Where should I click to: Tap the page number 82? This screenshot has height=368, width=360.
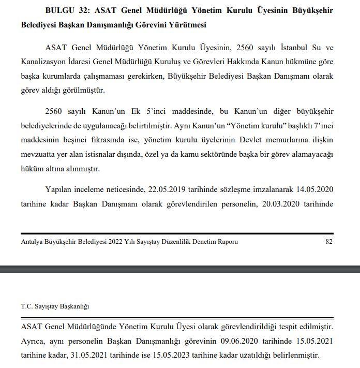(329, 242)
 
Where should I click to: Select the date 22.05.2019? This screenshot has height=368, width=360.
(169, 190)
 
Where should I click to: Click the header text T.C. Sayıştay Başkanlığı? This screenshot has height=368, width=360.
(55, 306)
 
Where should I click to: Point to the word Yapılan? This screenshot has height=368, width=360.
(58, 190)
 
